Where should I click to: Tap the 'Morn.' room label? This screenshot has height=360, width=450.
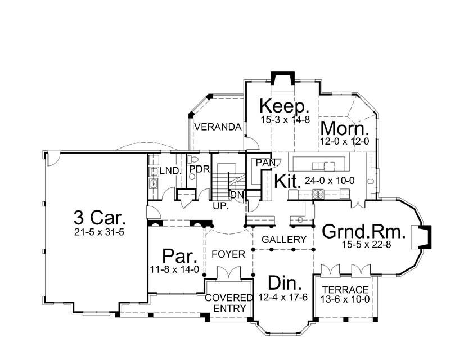pos(344,128)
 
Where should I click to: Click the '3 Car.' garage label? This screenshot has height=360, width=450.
pos(99,217)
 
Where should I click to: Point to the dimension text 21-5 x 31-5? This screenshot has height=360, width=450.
pos(99,232)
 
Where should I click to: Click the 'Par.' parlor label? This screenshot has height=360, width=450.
pos(179,256)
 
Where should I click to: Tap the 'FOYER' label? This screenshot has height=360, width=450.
pos(228,254)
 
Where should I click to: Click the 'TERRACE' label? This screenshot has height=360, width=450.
pos(345,290)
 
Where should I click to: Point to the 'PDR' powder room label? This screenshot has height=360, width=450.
pos(199,168)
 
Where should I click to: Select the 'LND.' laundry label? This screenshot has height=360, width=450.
pos(168,170)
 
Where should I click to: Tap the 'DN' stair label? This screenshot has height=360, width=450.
pos(237,194)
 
